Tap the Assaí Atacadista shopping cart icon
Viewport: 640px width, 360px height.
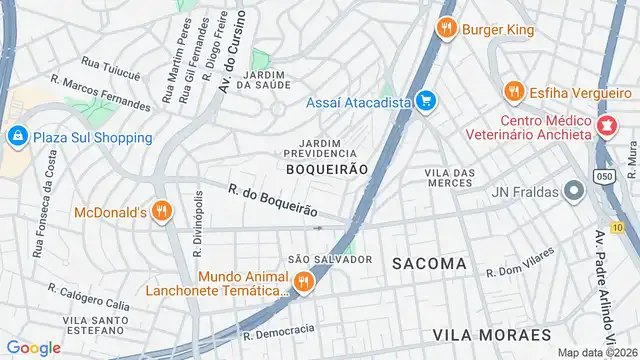(427, 100)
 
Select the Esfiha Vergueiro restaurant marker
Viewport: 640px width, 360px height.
(515, 90)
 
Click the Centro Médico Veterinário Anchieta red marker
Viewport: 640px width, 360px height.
(606, 127)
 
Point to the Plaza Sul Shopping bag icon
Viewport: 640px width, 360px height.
(17, 136)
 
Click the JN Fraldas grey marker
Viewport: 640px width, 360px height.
(573, 190)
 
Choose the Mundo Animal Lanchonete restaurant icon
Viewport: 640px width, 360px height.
(303, 283)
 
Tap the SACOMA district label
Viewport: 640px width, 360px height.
(429, 263)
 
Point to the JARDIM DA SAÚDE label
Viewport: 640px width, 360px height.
(266, 80)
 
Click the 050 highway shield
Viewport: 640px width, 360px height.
(604, 175)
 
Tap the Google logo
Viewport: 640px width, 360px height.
(34, 347)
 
